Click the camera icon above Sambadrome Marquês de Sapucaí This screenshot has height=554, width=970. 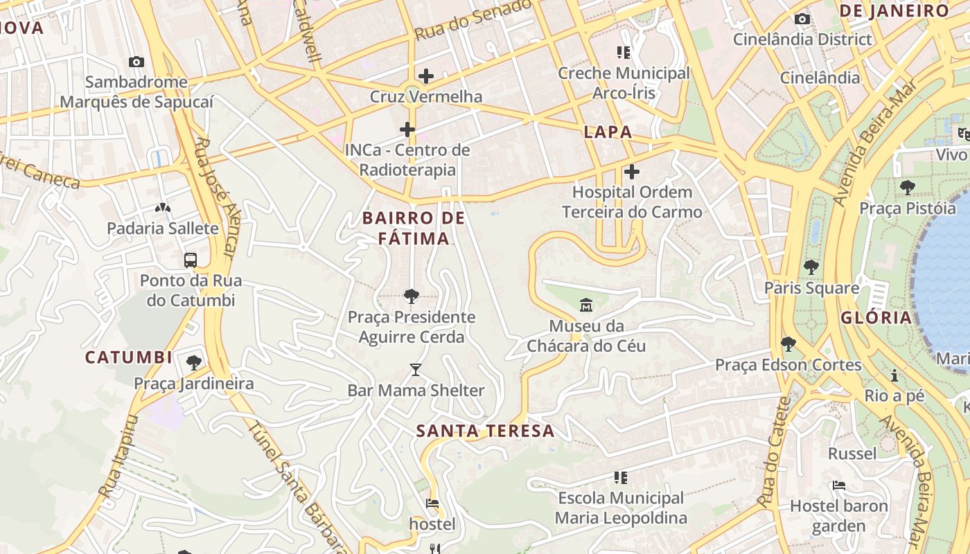pyautogui.click(x=136, y=62)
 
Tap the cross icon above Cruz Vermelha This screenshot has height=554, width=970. pyautogui.click(x=425, y=76)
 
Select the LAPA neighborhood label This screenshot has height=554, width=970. pyautogui.click(x=608, y=132)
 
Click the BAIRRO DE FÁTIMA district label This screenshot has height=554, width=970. pyautogui.click(x=414, y=229)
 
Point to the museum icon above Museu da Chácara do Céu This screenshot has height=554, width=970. pyautogui.click(x=586, y=305)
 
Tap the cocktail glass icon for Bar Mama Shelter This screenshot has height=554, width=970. pyautogui.click(x=415, y=370)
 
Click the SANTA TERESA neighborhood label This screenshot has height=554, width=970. pyautogui.click(x=485, y=431)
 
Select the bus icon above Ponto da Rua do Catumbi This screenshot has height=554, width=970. pyautogui.click(x=191, y=260)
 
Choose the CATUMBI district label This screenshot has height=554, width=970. pyautogui.click(x=128, y=357)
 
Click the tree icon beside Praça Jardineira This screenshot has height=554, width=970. pyautogui.click(x=194, y=362)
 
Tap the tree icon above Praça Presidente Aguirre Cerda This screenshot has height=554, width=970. pyautogui.click(x=411, y=297)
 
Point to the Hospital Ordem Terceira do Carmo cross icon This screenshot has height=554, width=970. pyautogui.click(x=632, y=172)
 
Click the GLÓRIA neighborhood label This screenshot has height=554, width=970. pyautogui.click(x=876, y=318)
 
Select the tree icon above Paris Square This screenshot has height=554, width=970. pyautogui.click(x=811, y=267)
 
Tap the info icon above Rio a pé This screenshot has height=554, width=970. pyautogui.click(x=894, y=375)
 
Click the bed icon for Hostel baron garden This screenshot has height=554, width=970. pyautogui.click(x=839, y=485)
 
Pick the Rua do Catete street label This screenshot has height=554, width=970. pyautogui.click(x=775, y=452)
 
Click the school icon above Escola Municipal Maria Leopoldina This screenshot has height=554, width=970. pyautogui.click(x=621, y=477)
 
